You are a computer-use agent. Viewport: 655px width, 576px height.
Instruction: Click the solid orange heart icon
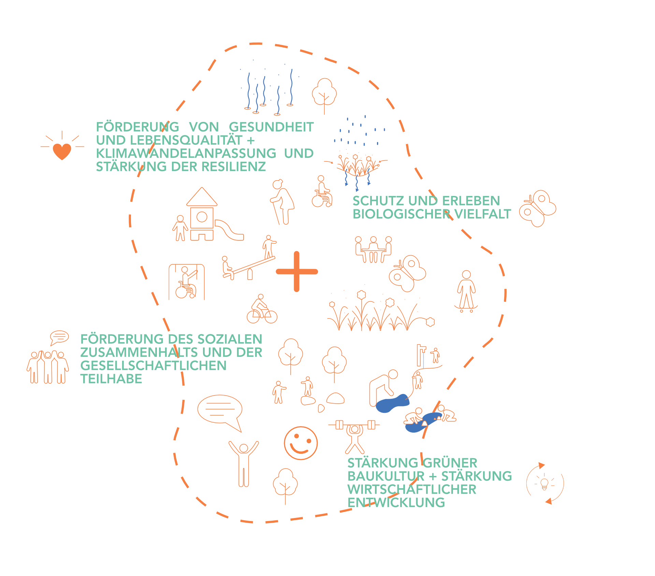click(62, 151)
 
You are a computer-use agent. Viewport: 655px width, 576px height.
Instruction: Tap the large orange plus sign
click(297, 272)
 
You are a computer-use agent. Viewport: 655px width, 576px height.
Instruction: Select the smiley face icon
click(301, 443)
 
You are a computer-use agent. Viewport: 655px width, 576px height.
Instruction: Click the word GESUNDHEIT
click(271, 127)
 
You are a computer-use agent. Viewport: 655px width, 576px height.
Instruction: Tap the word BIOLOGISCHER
click(402, 214)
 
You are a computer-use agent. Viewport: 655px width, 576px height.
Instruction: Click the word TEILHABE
click(111, 379)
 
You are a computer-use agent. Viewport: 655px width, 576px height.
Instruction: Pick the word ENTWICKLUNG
click(396, 503)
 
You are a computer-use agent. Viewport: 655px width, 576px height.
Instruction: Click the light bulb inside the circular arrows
click(544, 484)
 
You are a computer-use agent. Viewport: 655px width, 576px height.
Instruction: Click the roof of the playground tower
click(202, 197)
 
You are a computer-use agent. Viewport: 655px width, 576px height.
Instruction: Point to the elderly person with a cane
click(282, 202)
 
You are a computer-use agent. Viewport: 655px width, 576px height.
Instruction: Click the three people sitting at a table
click(373, 250)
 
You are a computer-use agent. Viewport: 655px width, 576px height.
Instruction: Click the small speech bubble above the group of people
click(59, 337)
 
